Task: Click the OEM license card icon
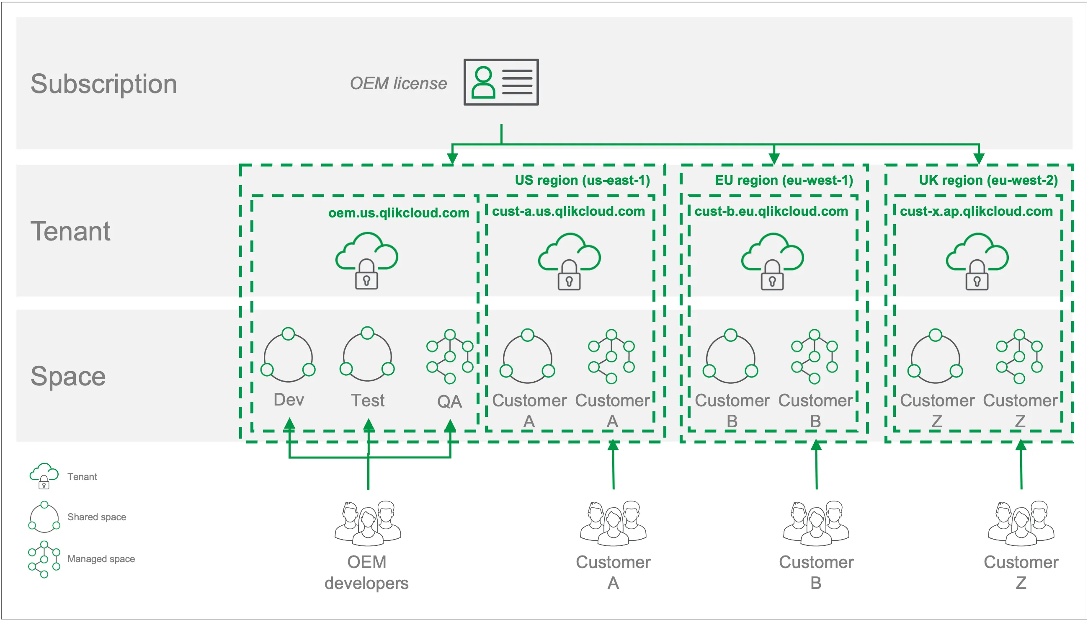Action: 500,82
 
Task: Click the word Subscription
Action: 103,83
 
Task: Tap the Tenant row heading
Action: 70,231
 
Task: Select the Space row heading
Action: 68,377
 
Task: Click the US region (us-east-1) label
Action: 582,180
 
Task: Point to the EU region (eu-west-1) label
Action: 783,180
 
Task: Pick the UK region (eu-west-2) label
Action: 987,180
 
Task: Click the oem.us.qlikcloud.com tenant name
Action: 398,212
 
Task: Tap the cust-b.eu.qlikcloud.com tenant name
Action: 771,211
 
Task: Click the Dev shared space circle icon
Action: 288,355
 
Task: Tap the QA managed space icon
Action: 449,356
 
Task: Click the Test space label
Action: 367,400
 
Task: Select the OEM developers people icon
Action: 368,523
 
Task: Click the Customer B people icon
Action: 816,523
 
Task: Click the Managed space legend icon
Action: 44,559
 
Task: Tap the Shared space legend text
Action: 97,517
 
